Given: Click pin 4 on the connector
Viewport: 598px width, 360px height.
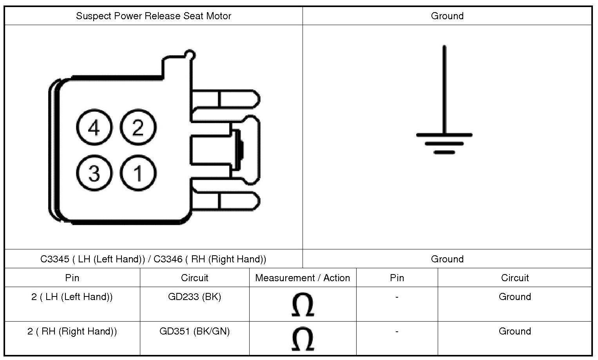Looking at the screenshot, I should pyautogui.click(x=94, y=127).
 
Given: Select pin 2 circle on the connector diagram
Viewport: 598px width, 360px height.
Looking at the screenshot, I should pyautogui.click(x=138, y=127).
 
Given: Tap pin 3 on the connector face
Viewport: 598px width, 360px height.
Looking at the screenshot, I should pyautogui.click(x=94, y=173).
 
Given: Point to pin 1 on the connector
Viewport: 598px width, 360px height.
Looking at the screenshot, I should pyautogui.click(x=138, y=173).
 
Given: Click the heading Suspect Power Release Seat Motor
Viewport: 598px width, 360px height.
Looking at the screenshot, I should pyautogui.click(x=153, y=16).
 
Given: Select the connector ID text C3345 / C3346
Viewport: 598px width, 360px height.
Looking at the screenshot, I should pyautogui.click(x=153, y=259).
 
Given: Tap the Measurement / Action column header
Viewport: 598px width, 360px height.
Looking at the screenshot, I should pyautogui.click(x=303, y=278).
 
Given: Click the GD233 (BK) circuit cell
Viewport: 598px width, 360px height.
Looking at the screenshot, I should pyautogui.click(x=194, y=297).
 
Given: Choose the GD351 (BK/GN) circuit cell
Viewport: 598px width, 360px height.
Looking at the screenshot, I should pyautogui.click(x=194, y=331).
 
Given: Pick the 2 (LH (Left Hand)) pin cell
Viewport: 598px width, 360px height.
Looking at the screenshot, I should pyautogui.click(x=72, y=297).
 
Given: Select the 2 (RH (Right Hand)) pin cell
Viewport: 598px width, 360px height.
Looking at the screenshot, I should pyautogui.click(x=72, y=331).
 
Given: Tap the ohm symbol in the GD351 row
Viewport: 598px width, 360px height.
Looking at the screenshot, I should pyautogui.click(x=303, y=339).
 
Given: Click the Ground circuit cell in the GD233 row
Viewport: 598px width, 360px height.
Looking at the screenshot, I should pyautogui.click(x=515, y=297).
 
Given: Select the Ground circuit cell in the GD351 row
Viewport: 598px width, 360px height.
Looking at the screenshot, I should pyautogui.click(x=515, y=331).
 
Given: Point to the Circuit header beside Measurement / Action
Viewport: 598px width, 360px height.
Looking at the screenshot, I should pyautogui.click(x=194, y=278).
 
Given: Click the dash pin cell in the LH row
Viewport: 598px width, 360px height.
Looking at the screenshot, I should pyautogui.click(x=397, y=297).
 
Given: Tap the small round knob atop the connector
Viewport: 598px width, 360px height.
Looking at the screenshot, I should pyautogui.click(x=190, y=55).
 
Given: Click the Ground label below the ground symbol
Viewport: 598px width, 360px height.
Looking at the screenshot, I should pyautogui.click(x=447, y=259).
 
